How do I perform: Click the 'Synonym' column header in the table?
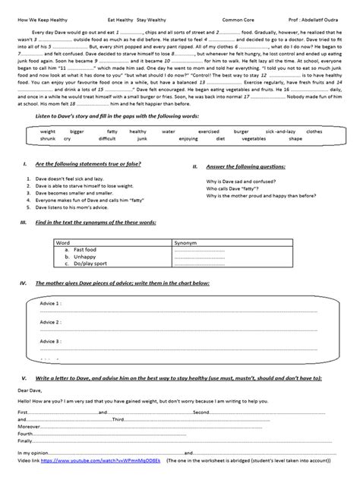185,242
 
